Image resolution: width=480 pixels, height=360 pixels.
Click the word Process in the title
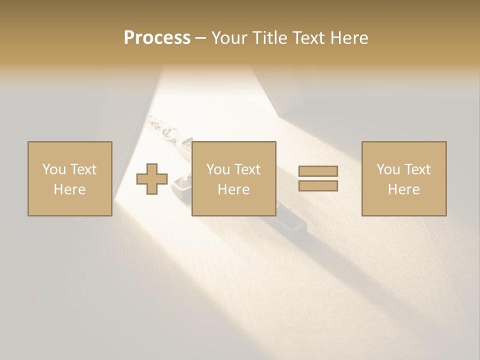[157, 38]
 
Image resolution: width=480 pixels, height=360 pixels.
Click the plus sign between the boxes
[152, 179]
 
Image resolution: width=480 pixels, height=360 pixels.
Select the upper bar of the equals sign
[318, 171]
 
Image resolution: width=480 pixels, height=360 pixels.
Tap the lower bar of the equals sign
[318, 186]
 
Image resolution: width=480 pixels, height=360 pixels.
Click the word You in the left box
[54, 169]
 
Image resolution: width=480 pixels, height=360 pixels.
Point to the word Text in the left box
[83, 169]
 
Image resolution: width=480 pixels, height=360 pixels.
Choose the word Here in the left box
[69, 189]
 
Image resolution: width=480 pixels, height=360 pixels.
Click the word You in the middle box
[218, 169]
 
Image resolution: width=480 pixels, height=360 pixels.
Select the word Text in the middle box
[247, 169]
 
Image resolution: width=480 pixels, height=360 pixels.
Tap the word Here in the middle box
[233, 189]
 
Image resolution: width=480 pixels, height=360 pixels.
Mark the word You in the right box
[388, 169]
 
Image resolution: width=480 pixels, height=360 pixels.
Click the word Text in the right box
[417, 169]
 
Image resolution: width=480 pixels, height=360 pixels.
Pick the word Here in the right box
[403, 189]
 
